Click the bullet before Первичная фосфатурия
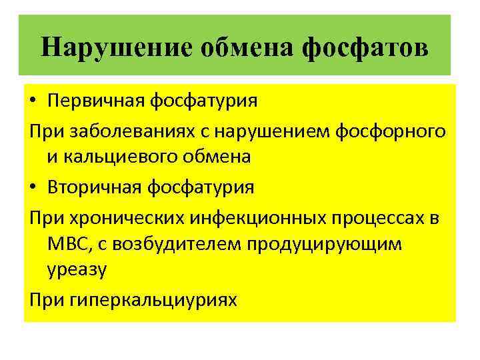(x=34, y=102)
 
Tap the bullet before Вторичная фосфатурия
(x=34, y=187)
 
